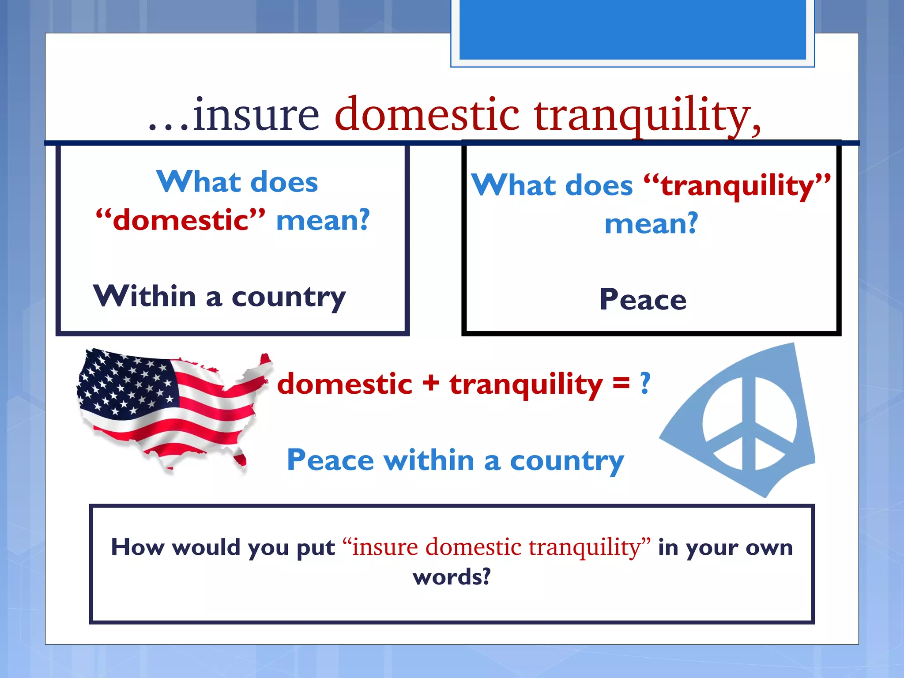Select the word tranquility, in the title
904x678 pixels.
(x=647, y=116)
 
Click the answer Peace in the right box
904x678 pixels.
(x=643, y=300)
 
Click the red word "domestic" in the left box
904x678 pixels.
(x=181, y=220)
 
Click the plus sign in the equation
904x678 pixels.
(x=431, y=383)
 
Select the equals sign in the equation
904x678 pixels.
(x=621, y=383)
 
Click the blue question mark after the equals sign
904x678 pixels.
(x=645, y=383)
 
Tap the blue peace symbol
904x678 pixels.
(x=749, y=423)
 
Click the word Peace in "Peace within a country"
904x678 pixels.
(x=330, y=460)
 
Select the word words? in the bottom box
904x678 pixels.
(x=452, y=576)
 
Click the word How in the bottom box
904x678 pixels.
(x=137, y=547)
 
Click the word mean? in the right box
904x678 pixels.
(x=651, y=223)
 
